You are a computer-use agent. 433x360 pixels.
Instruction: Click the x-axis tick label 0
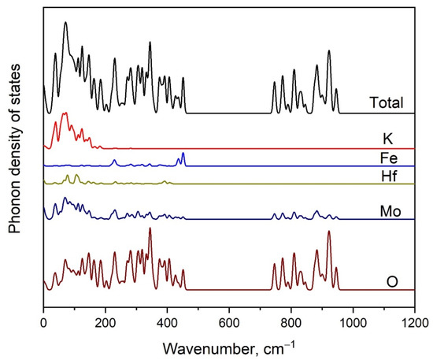coord(43,321)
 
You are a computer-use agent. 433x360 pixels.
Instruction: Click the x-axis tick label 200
coord(105,321)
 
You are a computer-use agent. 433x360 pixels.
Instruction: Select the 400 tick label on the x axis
coord(167,321)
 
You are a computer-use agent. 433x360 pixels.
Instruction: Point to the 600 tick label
coord(229,321)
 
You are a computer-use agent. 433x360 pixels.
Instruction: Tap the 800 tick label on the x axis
coord(291,321)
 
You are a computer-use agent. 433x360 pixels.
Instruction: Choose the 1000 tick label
coord(353,321)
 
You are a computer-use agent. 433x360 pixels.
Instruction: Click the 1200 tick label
coord(414,321)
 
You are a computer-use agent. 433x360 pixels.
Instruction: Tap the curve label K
coord(387,139)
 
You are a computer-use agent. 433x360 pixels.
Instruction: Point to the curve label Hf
coord(387,176)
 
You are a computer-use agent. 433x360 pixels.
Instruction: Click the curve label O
coord(391,280)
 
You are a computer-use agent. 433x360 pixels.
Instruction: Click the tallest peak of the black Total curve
coord(65,24)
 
